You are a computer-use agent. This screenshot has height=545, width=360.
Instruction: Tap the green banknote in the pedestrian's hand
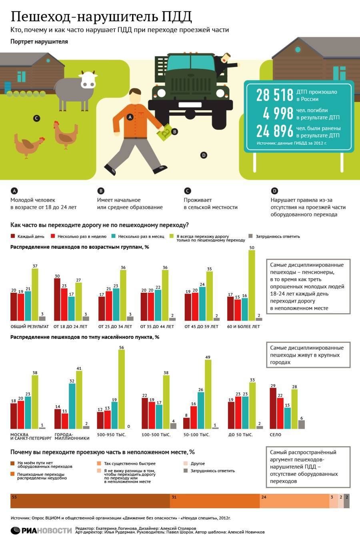[x=164, y=133]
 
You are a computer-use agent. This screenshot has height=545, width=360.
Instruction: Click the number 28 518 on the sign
[x=275, y=95]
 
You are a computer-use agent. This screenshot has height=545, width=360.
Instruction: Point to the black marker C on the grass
[x=36, y=118]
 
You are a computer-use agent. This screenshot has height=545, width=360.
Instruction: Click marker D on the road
[x=204, y=155]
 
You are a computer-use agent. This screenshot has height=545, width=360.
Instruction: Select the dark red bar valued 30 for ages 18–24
[x=57, y=299]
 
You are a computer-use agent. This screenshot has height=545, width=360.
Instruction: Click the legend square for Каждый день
[x=13, y=236]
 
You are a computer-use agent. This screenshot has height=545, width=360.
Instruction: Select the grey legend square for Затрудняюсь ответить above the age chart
[x=251, y=236]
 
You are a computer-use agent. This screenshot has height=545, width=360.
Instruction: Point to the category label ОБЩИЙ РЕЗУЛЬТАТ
[x=30, y=327]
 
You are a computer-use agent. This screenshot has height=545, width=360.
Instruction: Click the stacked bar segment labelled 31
[x=214, y=501]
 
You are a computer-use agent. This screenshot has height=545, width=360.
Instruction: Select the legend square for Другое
[x=185, y=463]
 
